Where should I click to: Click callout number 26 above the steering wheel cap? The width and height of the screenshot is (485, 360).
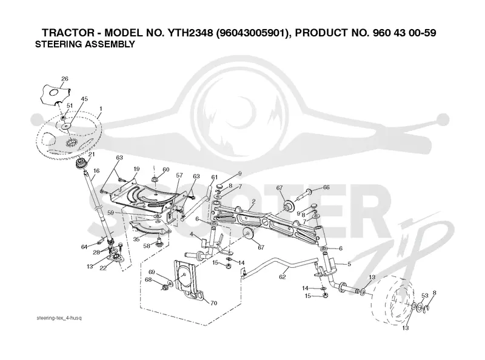coord(65,79)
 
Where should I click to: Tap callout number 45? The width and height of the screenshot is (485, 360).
coord(84,99)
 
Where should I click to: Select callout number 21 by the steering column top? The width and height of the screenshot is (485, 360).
coord(92,155)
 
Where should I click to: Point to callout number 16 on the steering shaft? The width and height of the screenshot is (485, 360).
coord(96,171)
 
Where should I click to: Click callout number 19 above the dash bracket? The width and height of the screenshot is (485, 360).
coord(136,169)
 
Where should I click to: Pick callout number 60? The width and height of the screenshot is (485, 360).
coord(166,170)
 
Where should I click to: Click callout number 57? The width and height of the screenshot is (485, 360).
coord(179,175)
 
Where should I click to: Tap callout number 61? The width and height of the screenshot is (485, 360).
coord(215,177)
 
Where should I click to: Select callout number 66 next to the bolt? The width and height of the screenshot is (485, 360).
coord(326,187)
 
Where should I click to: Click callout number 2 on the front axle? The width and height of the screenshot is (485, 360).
coord(253,201)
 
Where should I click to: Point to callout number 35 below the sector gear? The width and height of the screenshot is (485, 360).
coord(136,239)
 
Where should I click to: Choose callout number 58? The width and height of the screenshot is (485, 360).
coord(147,246)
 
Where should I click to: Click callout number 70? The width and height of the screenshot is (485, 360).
coord(214,303)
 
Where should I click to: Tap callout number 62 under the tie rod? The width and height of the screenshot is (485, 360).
coord(282,277)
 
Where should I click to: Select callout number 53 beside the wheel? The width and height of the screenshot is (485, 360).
coord(425,296)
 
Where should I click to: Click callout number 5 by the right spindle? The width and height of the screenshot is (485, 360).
coord(349,264)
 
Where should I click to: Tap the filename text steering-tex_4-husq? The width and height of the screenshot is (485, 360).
coord(59,318)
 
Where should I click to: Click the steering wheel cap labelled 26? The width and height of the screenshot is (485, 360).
coord(56,95)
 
